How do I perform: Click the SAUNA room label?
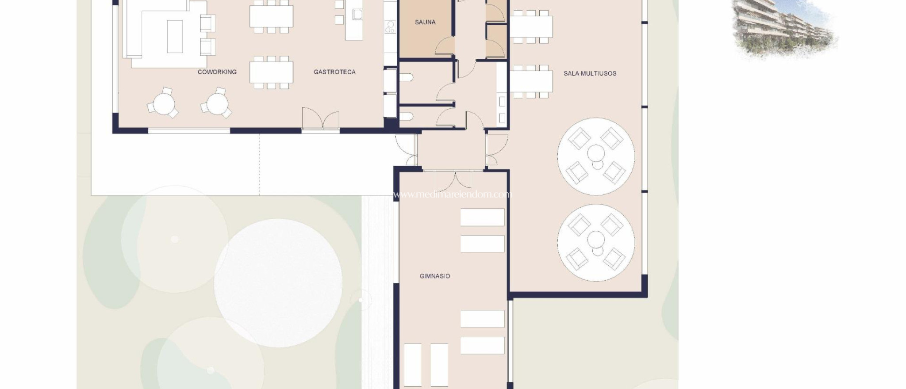[425, 22]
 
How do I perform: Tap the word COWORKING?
[217, 72]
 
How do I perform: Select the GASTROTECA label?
[334, 72]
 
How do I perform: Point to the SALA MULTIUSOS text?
[589, 73]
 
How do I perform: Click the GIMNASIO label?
[434, 276]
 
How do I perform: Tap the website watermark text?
[451, 194]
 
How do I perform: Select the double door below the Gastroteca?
[320, 119]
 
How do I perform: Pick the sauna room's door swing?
[445, 46]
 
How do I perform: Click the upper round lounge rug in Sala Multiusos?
[595, 156]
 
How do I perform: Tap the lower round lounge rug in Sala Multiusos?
[595, 242]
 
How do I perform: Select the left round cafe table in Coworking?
[163, 104]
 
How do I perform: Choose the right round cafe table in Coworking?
[217, 104]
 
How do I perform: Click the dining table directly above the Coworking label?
[271, 72]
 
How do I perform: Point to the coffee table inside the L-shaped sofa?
[175, 36]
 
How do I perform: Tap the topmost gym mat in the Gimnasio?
[482, 217]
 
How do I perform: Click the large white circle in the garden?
[278, 283]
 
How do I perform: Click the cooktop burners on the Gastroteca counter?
[390, 27]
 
